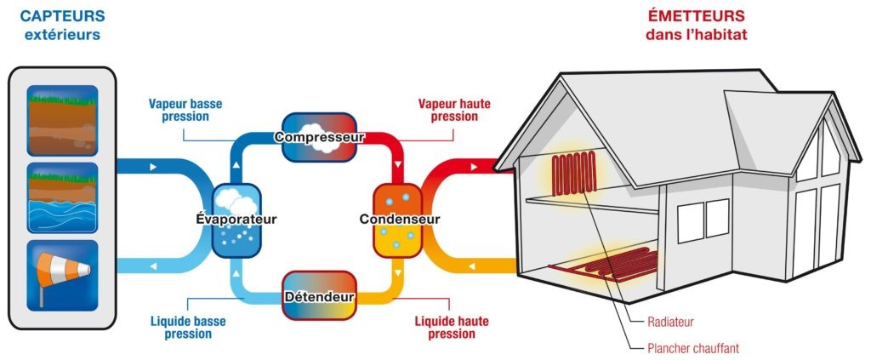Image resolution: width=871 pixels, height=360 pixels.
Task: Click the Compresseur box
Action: (319, 136)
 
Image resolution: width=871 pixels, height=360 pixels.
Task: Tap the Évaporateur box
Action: (234, 219)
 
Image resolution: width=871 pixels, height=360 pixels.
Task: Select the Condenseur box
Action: (399, 220)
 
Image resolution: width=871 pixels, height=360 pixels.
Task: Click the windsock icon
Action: (63, 274)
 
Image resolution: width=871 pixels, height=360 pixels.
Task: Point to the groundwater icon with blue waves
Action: (63, 197)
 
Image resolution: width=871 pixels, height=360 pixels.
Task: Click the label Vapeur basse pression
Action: (185, 110)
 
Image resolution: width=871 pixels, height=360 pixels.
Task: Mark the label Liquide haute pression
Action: (445, 328)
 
